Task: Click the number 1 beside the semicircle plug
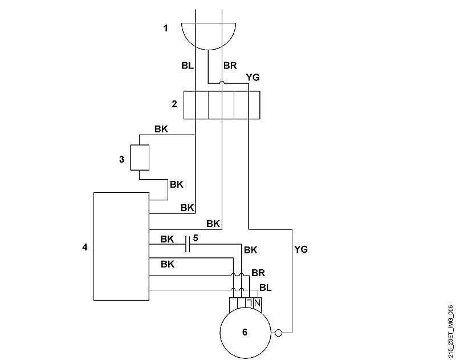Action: [x=166, y=29]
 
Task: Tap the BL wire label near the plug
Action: [x=188, y=66]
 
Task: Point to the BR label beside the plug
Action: [x=230, y=66]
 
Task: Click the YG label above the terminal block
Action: [x=253, y=78]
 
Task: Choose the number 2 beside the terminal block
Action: [x=174, y=104]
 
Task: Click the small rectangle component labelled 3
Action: [x=140, y=157]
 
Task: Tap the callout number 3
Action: [x=121, y=160]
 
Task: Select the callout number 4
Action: [x=84, y=247]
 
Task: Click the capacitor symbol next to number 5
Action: [x=188, y=244]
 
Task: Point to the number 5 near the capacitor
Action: [x=196, y=238]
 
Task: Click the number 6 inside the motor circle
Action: [x=245, y=332]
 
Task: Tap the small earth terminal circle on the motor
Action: [x=278, y=333]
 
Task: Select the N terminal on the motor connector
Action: [x=257, y=303]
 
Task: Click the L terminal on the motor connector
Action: [x=250, y=303]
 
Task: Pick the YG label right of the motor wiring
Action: [x=301, y=249]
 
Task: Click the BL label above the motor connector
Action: [x=265, y=288]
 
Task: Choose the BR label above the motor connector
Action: [x=258, y=273]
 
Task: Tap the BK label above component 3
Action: [x=161, y=129]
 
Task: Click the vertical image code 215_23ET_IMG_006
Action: [x=450, y=331]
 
